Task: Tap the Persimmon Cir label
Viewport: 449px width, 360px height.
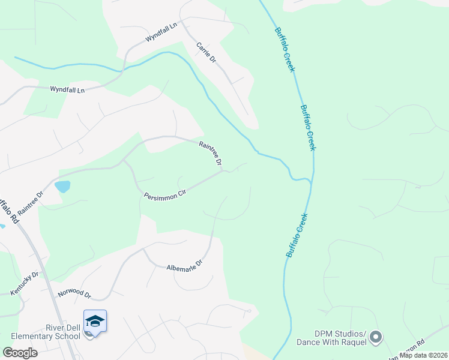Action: pyautogui.click(x=166, y=196)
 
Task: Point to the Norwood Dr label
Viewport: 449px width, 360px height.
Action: pyautogui.click(x=74, y=295)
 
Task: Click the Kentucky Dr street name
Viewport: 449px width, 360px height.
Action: pyautogui.click(x=24, y=283)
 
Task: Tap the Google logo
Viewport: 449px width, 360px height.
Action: pyautogui.click(x=20, y=353)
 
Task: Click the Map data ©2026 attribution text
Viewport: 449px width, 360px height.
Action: pyautogui.click(x=424, y=355)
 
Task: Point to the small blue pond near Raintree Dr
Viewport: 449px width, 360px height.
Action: pyautogui.click(x=62, y=187)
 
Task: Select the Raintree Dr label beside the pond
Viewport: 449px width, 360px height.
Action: pyautogui.click(x=31, y=204)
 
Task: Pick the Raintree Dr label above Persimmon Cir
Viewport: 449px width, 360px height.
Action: pyautogui.click(x=211, y=154)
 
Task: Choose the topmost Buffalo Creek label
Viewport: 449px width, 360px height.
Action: pyautogui.click(x=285, y=50)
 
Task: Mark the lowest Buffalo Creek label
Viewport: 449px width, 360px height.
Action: pyautogui.click(x=297, y=236)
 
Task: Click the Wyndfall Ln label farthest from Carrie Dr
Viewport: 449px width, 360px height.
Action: pyautogui.click(x=67, y=89)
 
